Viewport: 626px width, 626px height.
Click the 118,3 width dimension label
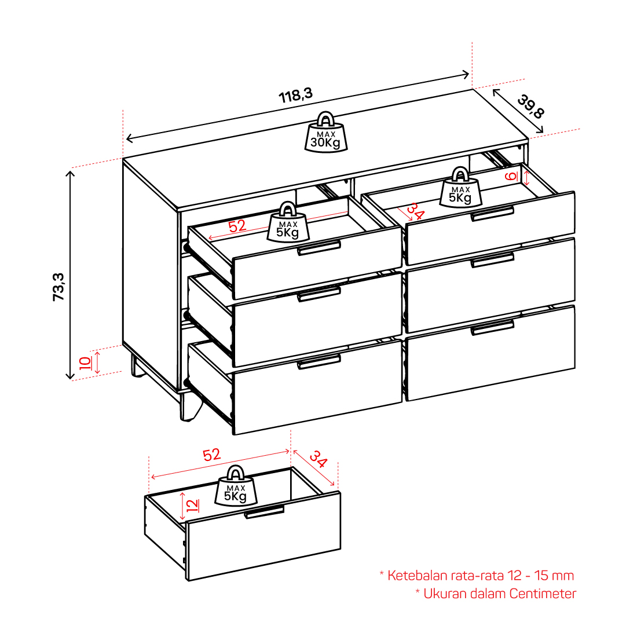tap(295, 96)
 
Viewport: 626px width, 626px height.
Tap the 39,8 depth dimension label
tap(531, 106)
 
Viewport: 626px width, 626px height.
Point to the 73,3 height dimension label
tap(58, 287)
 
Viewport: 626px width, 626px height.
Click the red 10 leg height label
tap(85, 363)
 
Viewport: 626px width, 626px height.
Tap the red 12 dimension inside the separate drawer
tap(192, 506)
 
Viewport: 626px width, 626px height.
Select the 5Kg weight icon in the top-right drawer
tap(460, 187)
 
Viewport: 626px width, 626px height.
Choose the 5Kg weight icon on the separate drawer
tap(236, 486)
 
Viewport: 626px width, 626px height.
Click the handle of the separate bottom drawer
tap(264, 511)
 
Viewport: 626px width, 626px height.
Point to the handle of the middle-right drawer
tap(492, 260)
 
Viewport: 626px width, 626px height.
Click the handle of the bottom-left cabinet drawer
tap(319, 361)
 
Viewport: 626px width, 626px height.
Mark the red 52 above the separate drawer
tap(211, 455)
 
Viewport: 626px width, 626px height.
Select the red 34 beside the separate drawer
tap(319, 459)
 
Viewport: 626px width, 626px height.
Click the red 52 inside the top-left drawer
tap(237, 226)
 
